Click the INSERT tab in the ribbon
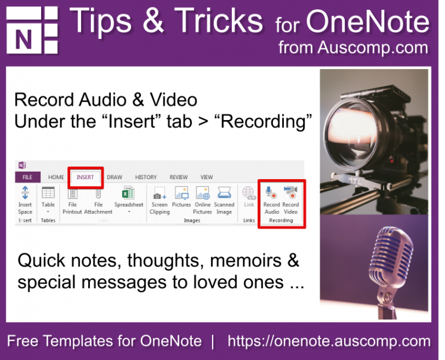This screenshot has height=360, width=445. click(85, 177)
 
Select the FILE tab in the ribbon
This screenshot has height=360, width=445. click(27, 177)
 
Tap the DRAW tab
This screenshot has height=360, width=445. click(114, 177)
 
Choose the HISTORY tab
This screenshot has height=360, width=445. click(145, 177)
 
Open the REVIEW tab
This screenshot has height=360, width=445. click(178, 177)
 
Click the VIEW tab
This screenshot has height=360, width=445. click(206, 177)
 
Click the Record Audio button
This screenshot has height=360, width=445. click(271, 200)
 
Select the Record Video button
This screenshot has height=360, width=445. click(290, 200)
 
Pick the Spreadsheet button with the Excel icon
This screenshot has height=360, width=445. click(129, 199)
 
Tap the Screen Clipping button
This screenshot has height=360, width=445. click(159, 200)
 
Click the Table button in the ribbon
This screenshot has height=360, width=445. click(48, 199)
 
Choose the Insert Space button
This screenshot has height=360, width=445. click(25, 199)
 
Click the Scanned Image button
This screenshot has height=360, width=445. click(224, 200)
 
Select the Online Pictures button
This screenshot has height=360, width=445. click(202, 200)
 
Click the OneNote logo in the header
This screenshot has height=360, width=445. click(32, 30)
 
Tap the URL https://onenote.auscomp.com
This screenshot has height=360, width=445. click(329, 341)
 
